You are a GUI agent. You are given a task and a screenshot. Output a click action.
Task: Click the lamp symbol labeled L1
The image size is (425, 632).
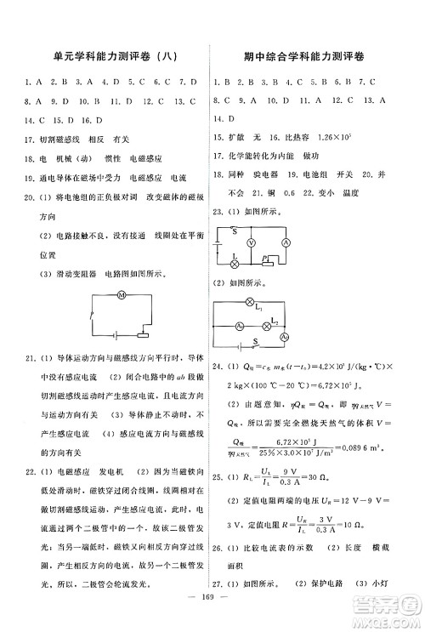pyautogui.click(x=249, y=303)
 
